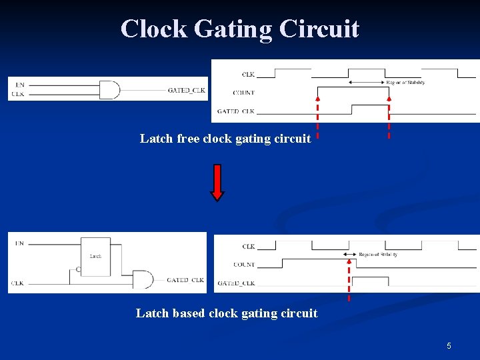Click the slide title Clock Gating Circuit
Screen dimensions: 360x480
(240, 29)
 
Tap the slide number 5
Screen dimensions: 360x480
(449, 346)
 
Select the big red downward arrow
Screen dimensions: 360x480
(217, 181)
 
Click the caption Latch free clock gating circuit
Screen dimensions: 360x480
(225, 139)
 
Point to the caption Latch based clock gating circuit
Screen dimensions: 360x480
(227, 313)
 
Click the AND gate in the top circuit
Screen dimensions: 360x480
(110, 89)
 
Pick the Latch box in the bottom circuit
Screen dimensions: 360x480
(95, 255)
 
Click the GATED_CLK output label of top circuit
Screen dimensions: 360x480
(187, 90)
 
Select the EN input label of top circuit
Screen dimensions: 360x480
(19, 85)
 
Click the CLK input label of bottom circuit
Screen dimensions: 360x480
(18, 283)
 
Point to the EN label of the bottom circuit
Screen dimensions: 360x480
(19, 243)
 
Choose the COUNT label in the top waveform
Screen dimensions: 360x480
(244, 93)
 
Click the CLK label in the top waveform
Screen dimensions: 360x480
(248, 74)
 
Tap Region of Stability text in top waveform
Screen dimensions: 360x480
(405, 83)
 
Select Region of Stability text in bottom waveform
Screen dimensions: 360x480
(378, 255)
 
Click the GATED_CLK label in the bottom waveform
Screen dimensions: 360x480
(236, 283)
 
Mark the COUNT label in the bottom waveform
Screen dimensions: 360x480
(244, 265)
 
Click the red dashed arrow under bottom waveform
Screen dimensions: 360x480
(349, 280)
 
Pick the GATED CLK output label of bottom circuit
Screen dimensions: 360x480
(185, 280)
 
